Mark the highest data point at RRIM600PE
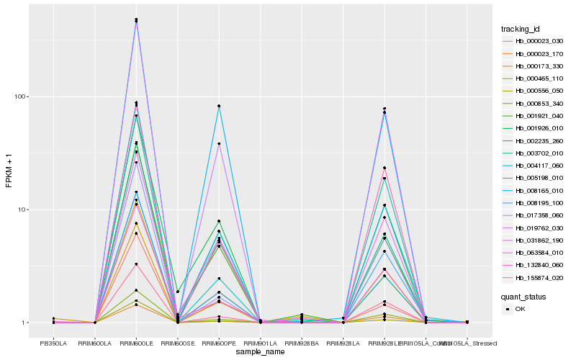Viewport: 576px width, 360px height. point(219,106)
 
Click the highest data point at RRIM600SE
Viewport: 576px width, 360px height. point(177,292)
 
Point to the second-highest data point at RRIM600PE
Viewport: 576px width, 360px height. point(219,144)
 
